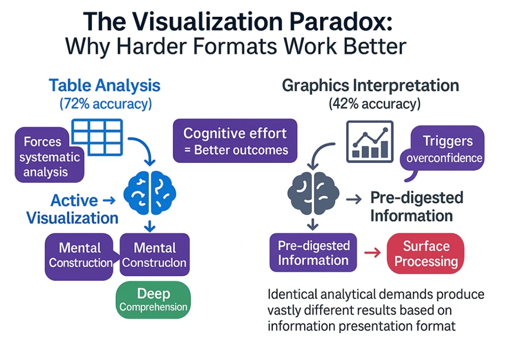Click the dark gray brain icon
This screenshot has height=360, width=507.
(x=313, y=193)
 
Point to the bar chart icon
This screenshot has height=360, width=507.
(x=370, y=141)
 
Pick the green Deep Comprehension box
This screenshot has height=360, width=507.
(x=153, y=300)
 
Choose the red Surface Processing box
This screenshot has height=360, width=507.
(x=426, y=254)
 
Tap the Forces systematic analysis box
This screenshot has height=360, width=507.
(x=49, y=157)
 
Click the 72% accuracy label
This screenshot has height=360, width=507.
(x=105, y=104)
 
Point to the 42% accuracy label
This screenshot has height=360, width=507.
(x=374, y=104)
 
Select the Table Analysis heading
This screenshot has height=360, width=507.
(x=105, y=86)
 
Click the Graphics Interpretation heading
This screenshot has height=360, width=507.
(x=371, y=86)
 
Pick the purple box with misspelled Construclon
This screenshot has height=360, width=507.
(x=155, y=255)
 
